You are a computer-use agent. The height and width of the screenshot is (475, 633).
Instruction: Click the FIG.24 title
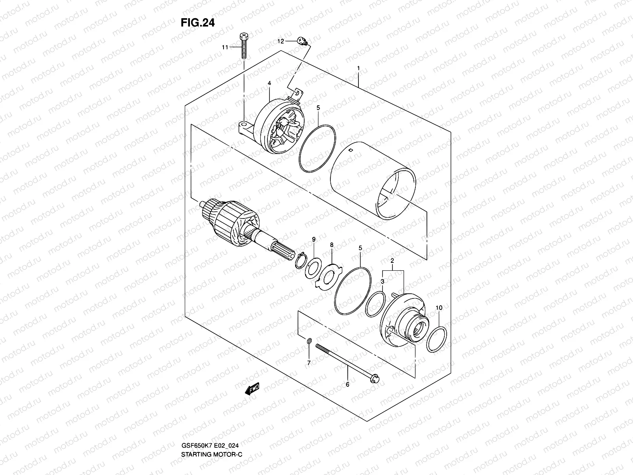click(198, 23)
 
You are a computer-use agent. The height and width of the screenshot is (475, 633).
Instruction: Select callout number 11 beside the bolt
click(225, 47)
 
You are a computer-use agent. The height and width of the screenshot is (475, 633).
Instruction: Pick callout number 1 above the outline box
click(358, 68)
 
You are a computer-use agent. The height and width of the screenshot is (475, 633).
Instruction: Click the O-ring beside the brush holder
click(318, 148)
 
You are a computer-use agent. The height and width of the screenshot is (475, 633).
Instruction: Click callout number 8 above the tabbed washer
click(332, 245)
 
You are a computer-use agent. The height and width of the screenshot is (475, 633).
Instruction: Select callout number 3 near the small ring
click(383, 281)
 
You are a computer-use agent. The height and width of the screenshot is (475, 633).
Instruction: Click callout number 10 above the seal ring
click(439, 308)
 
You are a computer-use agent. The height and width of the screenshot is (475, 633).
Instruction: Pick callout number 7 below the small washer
click(309, 362)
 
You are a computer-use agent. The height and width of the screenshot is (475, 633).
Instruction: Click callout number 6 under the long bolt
click(347, 384)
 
